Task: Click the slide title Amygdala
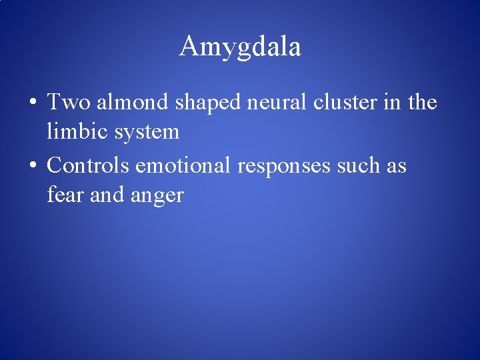(240, 47)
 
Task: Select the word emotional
(184, 165)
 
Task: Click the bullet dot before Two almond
(33, 104)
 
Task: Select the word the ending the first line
(421, 103)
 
